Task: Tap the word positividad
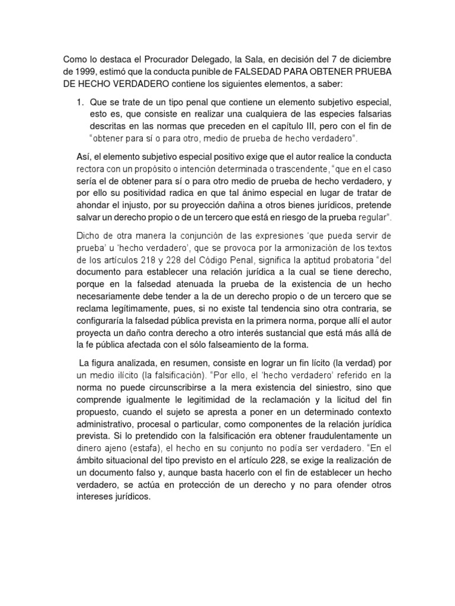(x=132, y=195)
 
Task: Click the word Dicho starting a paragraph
(x=75, y=234)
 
